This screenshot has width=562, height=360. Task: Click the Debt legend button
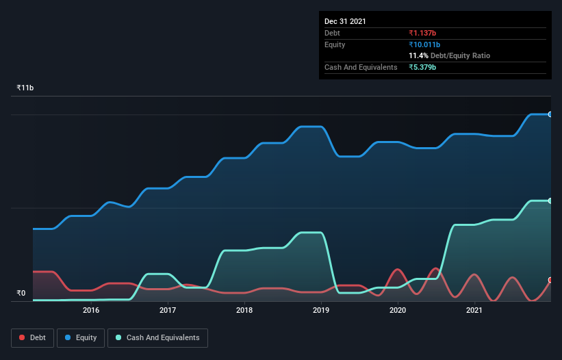[x=31, y=337]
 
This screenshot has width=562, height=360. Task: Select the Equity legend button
[x=81, y=337]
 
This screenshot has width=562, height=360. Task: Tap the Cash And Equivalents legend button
[x=157, y=337]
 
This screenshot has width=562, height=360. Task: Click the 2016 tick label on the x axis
[x=91, y=310]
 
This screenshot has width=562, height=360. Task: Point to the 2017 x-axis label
[x=168, y=310]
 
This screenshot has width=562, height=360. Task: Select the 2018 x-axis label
[x=244, y=310]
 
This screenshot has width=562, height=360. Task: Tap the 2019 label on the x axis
[x=321, y=310]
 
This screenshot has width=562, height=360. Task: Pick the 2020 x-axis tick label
[x=398, y=310]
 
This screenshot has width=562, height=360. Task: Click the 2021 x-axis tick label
[x=474, y=310]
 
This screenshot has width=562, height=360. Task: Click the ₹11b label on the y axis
[x=25, y=88]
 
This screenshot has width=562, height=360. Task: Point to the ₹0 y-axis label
[x=21, y=293]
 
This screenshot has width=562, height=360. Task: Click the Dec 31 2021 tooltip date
[x=345, y=21]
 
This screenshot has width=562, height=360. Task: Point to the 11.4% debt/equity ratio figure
[x=418, y=55]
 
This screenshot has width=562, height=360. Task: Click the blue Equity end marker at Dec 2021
[x=550, y=114]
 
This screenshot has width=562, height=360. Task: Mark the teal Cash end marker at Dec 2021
[x=550, y=201]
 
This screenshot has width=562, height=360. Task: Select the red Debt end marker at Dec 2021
[x=550, y=280]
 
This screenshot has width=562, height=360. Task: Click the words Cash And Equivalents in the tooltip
[x=361, y=67]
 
